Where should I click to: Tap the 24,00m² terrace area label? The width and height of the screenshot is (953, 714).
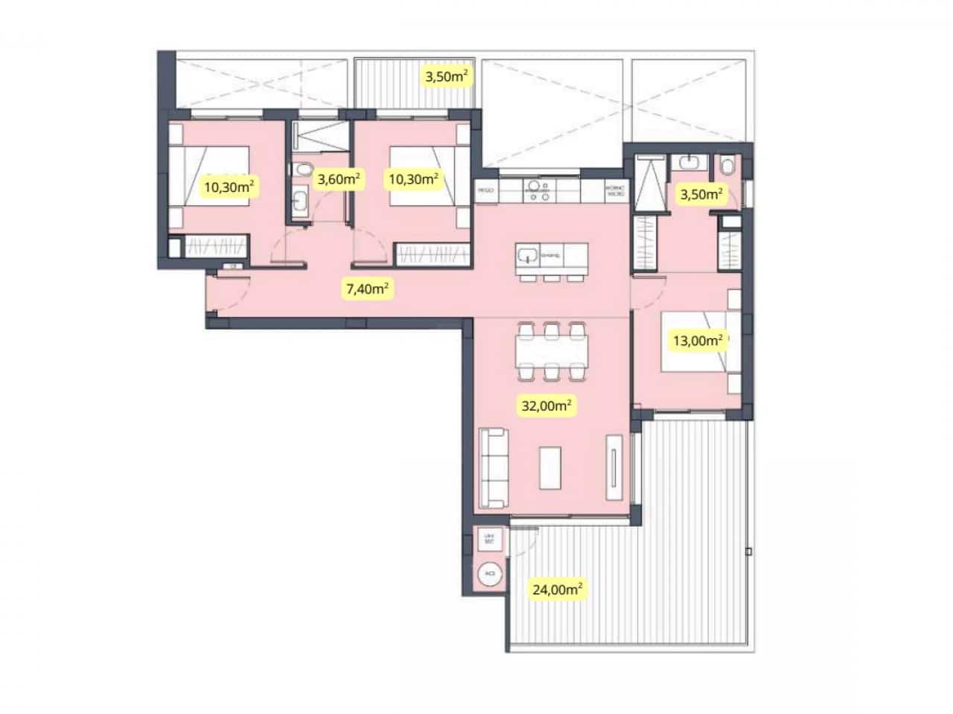click(x=557, y=589)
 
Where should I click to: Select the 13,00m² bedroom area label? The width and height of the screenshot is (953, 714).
click(x=698, y=341)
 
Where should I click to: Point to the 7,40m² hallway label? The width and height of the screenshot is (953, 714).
click(x=366, y=288)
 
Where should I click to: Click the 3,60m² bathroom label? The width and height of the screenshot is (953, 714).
click(x=339, y=178)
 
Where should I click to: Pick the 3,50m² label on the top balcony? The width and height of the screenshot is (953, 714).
click(x=446, y=75)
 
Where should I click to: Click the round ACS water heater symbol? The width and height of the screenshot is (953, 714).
click(x=489, y=574)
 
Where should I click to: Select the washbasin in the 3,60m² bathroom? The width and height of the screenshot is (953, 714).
click(x=300, y=202)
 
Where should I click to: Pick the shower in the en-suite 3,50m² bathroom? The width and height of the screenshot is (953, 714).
click(x=645, y=183)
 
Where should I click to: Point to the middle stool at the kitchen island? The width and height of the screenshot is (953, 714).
click(x=552, y=278)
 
